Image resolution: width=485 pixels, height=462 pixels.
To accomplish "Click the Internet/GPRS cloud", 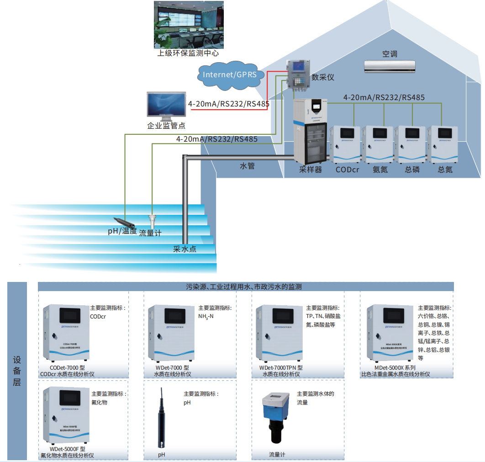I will (230, 74).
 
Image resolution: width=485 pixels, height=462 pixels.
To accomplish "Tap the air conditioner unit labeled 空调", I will (390, 66).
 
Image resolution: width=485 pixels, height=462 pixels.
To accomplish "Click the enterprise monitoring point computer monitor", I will (166, 106).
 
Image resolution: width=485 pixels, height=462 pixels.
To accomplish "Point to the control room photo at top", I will (189, 25).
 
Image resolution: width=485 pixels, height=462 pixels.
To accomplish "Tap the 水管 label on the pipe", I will (247, 166).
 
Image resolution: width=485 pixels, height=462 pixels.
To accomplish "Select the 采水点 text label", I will (185, 249).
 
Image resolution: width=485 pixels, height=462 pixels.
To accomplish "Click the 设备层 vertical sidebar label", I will (17, 370).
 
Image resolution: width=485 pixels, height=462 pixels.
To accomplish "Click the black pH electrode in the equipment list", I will (162, 418).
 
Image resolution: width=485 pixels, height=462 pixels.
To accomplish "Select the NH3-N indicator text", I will (206, 316).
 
